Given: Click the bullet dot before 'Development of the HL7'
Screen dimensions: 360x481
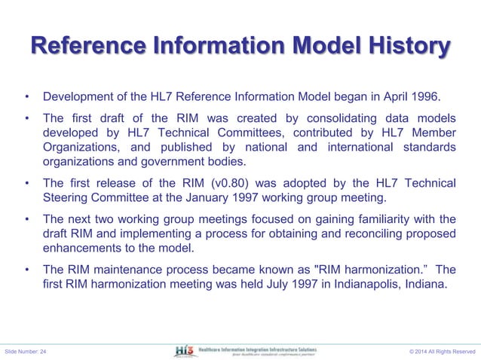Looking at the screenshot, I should coord(26,98).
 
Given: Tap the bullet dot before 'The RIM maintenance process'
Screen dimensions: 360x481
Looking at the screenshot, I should coord(26,270).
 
